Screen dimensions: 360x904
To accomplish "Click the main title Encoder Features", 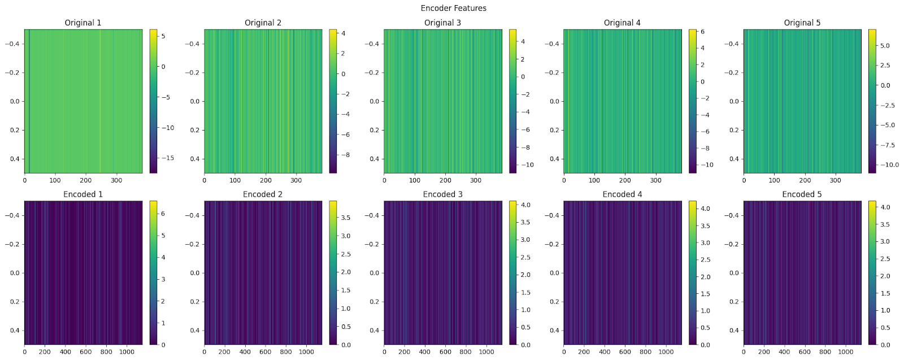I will pos(453,8).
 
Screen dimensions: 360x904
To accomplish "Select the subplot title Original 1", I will pos(83,23).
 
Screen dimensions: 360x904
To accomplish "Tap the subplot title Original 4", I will pos(622,23).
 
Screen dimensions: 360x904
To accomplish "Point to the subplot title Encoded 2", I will pos(263,194).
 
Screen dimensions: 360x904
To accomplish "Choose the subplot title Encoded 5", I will pos(802,194).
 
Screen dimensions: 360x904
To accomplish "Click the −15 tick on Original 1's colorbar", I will pos(167,158).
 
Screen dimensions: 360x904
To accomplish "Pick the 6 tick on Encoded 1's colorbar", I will pos(163,214).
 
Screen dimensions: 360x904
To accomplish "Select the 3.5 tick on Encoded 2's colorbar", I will pos(345,218).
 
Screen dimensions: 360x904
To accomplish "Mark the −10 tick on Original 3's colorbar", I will pos(526,165).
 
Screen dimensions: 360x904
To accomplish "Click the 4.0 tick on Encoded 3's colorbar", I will pos(525,205).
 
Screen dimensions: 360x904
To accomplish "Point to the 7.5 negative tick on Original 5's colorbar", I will pos(886,145).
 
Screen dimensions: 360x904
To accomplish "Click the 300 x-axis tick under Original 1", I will pos(116,181).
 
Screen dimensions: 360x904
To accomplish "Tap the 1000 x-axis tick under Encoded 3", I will pos(486,352).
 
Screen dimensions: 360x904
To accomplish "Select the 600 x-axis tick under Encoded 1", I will pos(86,352).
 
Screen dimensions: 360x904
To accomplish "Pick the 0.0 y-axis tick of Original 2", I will pos(194,102).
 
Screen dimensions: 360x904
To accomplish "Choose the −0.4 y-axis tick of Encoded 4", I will pos(552,215).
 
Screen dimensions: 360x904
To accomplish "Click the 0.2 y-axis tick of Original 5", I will pos(734,130).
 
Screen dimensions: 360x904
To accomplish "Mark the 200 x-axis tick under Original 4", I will pos(625,181).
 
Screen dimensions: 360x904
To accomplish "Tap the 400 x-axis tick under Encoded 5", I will pos(784,352).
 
